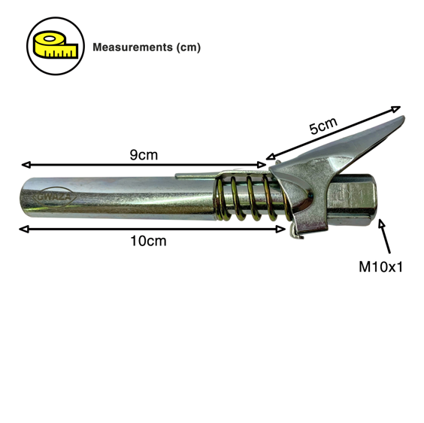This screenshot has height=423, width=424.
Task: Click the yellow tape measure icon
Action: (56, 44)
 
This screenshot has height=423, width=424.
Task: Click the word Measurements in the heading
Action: (132, 47)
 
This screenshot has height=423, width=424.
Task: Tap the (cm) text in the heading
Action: (188, 47)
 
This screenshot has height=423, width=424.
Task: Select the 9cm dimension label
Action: (144, 155)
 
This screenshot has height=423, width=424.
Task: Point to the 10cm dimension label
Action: (148, 241)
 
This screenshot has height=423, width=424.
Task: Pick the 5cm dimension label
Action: (323, 126)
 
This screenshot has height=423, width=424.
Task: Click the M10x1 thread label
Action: (380, 267)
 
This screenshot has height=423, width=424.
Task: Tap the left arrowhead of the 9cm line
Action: (26, 164)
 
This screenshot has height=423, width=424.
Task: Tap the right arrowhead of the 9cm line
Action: (262, 164)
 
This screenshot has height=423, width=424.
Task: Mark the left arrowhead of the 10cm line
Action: (24, 230)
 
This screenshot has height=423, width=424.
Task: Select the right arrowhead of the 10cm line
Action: (280, 230)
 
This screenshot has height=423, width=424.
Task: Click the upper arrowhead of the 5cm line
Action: (396, 109)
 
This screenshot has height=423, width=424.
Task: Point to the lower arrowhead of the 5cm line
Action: (271, 157)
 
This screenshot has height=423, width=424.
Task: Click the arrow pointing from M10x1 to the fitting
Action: (385, 236)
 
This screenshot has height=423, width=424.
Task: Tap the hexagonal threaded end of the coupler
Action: (352, 200)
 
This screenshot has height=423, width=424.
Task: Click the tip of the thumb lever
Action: (403, 118)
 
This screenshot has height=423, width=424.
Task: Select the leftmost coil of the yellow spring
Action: (220, 198)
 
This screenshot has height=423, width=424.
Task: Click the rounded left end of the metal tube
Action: (24, 197)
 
